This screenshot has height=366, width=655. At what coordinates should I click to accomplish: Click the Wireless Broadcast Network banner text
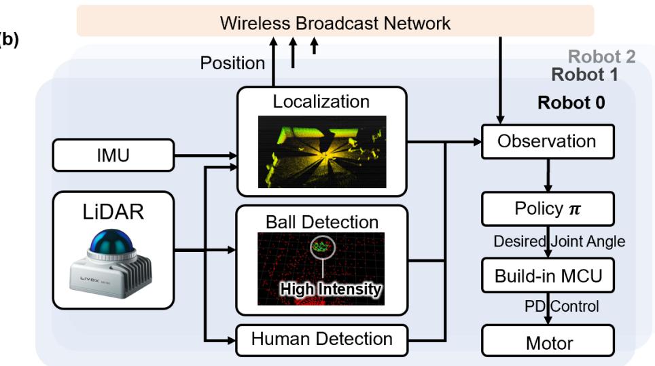pos(335,22)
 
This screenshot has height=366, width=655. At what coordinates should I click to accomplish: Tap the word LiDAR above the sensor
pos(113,212)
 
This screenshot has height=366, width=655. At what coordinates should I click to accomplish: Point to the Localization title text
pos(321,102)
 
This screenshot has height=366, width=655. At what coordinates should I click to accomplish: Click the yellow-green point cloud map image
pos(321,151)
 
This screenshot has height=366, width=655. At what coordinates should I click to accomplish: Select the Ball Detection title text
pos(321,222)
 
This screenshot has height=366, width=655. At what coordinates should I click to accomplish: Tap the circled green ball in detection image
pos(320,247)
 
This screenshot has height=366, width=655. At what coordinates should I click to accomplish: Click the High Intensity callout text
pos(332,289)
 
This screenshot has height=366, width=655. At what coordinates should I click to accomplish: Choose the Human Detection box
pos(321,338)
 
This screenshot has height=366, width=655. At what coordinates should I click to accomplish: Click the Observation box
pos(547,141)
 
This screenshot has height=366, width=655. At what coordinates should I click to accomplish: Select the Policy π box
pos(547,208)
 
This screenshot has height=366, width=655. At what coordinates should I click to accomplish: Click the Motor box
pos(547,343)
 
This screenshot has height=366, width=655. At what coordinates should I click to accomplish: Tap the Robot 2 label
pos(601,57)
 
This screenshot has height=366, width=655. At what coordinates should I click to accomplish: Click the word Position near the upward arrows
pos(232,63)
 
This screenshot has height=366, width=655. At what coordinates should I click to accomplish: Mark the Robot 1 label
pos(584,75)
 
